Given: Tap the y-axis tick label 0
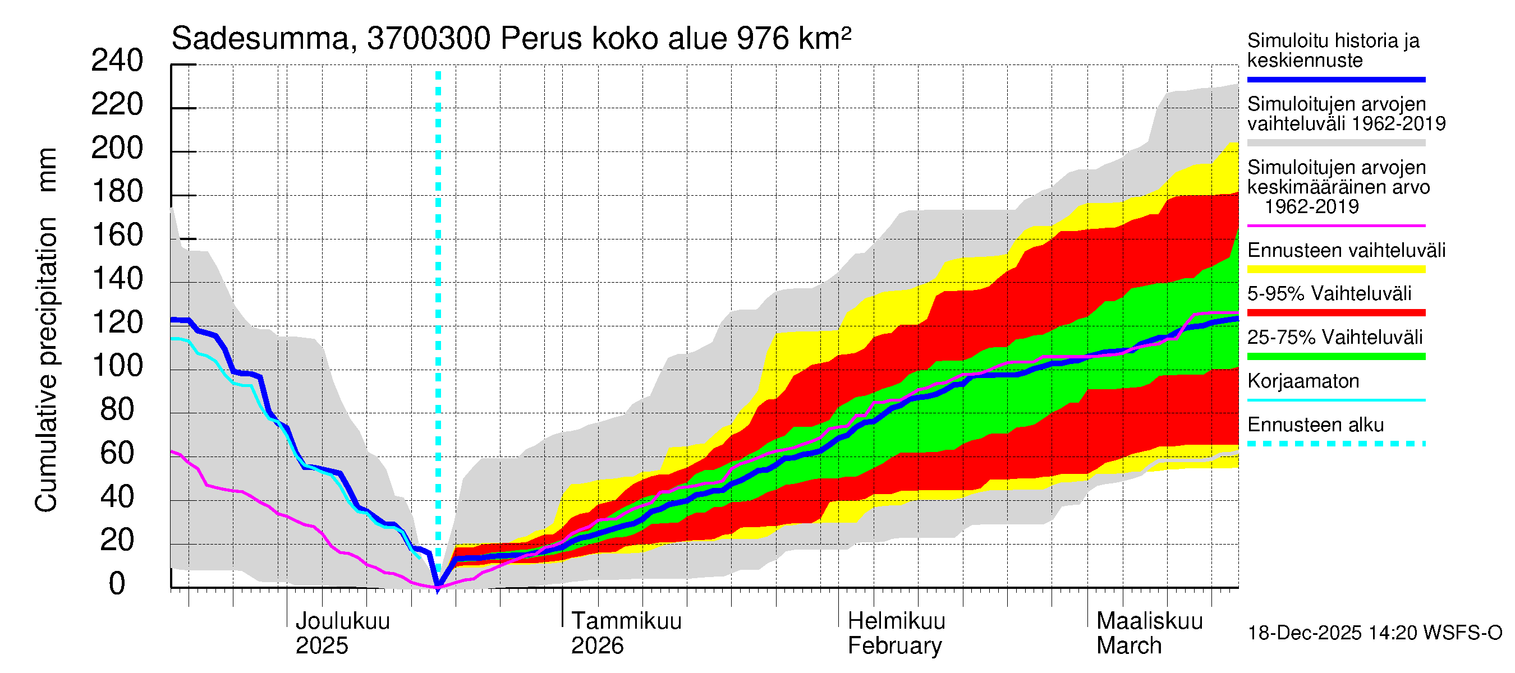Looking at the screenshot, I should [x=117, y=584].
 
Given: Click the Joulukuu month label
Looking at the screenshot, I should [x=342, y=621].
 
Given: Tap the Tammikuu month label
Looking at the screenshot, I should [x=626, y=621].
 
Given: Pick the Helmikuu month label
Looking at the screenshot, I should [x=896, y=621].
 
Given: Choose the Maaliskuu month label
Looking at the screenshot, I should [x=1149, y=621].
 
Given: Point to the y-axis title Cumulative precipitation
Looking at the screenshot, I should [x=46, y=365].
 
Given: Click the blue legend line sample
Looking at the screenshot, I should [x=1335, y=79].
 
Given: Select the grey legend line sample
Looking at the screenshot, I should [x=1335, y=143].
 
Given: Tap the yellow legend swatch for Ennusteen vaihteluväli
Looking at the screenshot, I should [x=1335, y=269].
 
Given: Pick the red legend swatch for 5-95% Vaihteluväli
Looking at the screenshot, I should [x=1335, y=313].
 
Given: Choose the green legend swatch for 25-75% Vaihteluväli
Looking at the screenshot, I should [x=1335, y=356].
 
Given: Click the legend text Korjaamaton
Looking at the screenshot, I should [x=1303, y=381].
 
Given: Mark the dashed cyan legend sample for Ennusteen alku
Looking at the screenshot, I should [x=1335, y=444].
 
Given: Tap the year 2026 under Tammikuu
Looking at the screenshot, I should [x=597, y=646].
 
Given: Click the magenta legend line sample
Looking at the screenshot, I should [x=1335, y=225].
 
